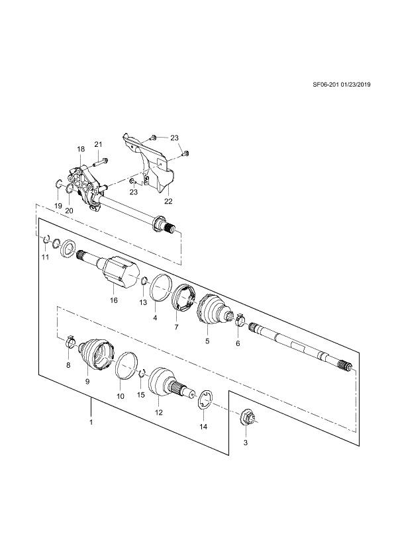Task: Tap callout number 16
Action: tap(113, 300)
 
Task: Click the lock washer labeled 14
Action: tap(204, 401)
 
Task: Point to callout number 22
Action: tap(168, 201)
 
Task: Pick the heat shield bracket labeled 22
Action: tap(150, 162)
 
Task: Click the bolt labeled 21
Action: tap(100, 162)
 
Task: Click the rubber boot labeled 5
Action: tap(213, 309)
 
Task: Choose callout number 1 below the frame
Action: tap(91, 422)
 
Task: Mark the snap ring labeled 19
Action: tap(59, 184)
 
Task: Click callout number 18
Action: tap(81, 150)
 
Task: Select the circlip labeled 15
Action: tap(142, 372)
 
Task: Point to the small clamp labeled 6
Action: tap(240, 320)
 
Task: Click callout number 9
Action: tap(87, 382)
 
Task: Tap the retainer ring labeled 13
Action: tap(144, 281)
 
